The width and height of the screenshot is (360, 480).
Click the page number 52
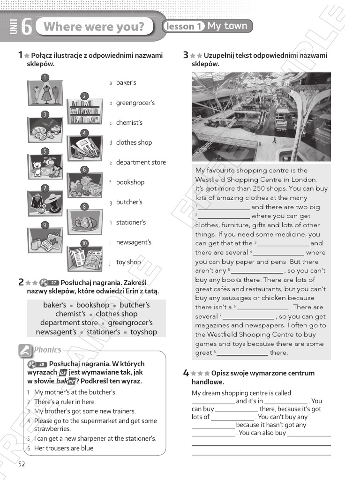tap(21, 464)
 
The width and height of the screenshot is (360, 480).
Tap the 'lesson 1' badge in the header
tap(184, 26)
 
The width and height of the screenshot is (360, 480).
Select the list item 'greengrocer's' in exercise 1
tap(135, 103)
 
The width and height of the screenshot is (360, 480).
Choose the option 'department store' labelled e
tap(141, 163)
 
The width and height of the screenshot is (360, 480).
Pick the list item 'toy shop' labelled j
tap(128, 262)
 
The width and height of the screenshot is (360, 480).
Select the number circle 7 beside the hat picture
tap(45, 188)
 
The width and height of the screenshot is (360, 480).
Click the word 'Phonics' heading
tap(47, 350)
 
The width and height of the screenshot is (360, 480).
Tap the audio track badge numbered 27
tap(53, 282)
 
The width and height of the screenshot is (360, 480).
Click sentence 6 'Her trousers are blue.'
tap(64, 449)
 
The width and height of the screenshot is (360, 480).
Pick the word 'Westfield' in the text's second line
tap(211, 180)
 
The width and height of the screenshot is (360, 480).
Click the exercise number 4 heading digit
tap(186, 374)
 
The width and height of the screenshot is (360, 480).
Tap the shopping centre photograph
tap(261, 117)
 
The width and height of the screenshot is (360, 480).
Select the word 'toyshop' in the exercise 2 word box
tap(143, 332)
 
